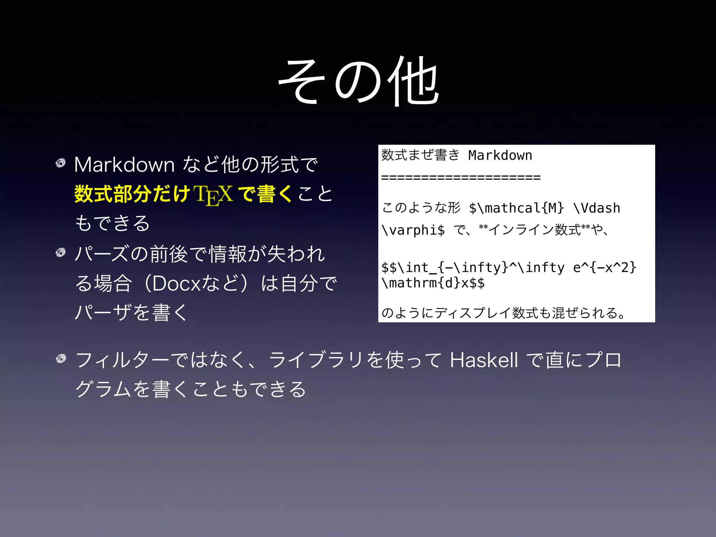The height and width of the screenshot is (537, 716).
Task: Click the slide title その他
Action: (x=359, y=81)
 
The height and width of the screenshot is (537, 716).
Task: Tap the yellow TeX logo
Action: (x=214, y=194)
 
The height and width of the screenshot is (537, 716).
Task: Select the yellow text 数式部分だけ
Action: (x=132, y=194)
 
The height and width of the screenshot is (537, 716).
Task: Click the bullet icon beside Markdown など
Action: (x=61, y=163)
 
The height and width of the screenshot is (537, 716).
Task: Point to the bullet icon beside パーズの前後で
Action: (x=61, y=252)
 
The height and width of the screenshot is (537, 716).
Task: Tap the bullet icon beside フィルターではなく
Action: (x=61, y=359)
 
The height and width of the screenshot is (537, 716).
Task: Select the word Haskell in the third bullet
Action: (x=484, y=360)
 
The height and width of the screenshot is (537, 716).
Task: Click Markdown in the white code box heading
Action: (x=500, y=155)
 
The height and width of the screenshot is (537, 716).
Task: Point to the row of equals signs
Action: (x=461, y=178)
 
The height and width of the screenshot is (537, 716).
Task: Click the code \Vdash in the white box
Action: (x=597, y=208)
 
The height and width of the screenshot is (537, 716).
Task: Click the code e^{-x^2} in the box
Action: (x=604, y=268)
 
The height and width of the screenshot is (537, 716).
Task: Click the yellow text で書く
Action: (x=265, y=194)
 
